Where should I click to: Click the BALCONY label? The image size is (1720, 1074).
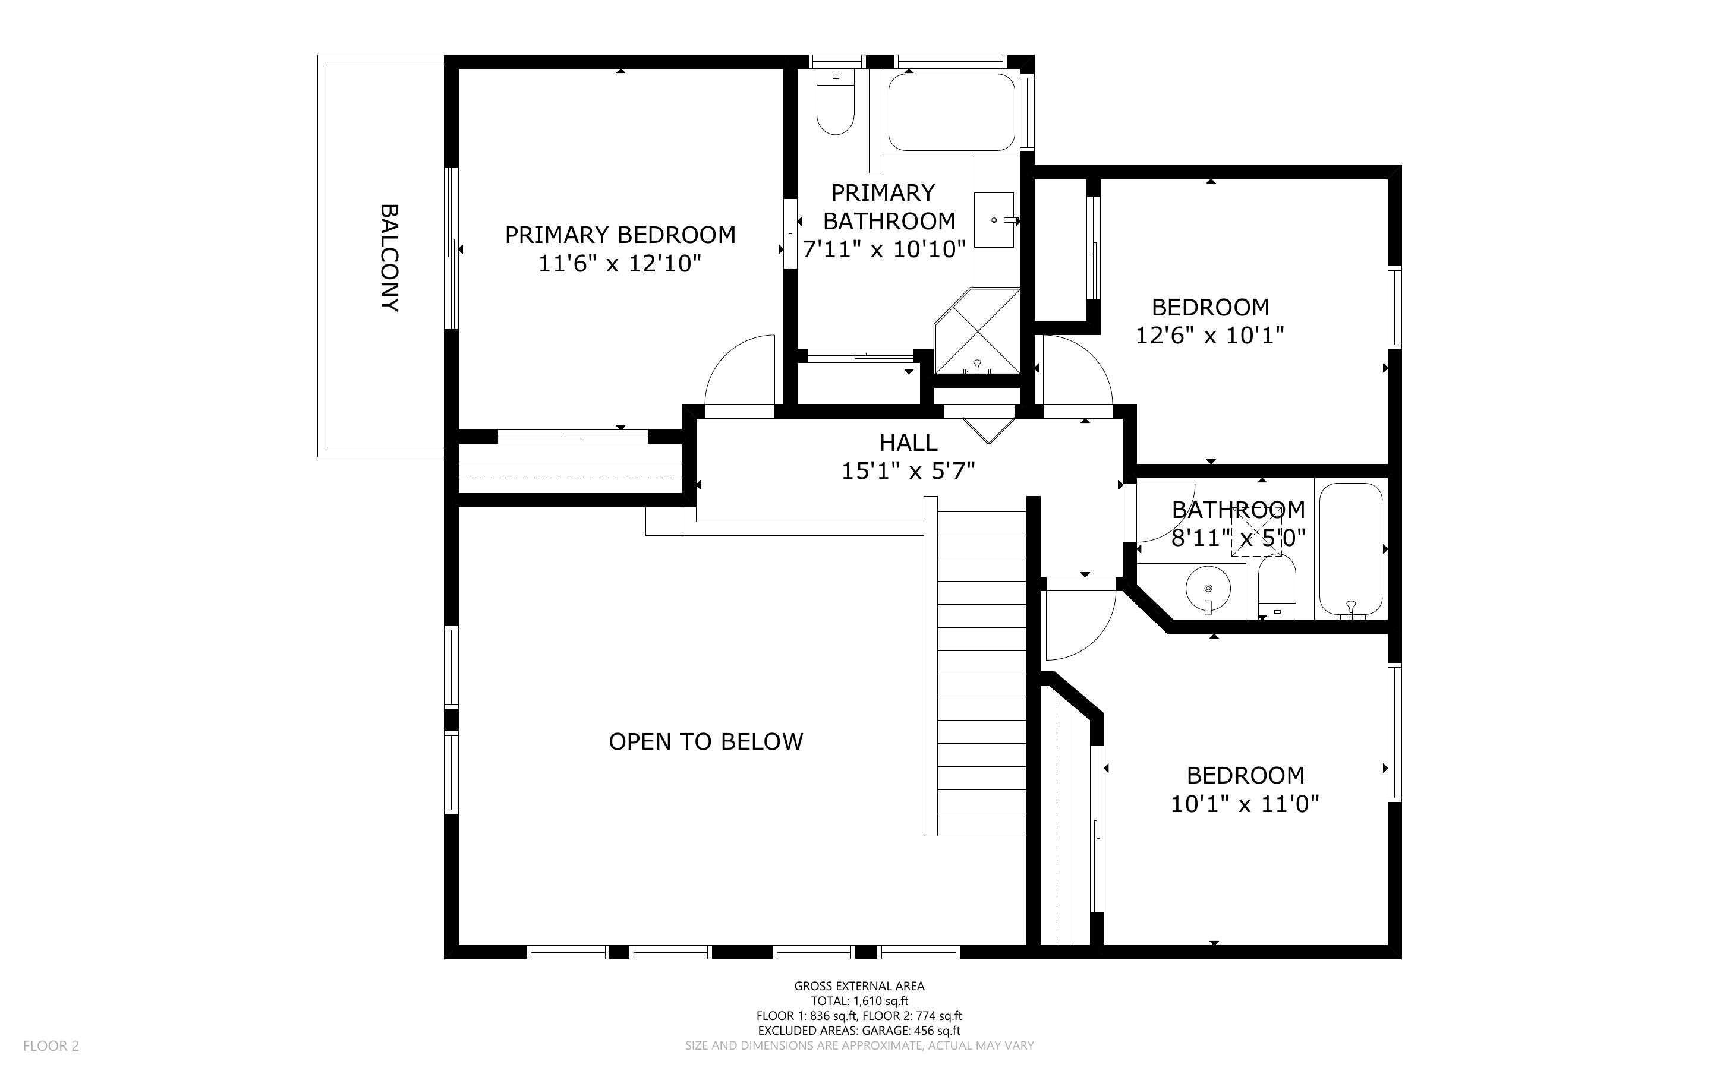[389, 258]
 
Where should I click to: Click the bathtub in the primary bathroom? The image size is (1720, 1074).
[950, 112]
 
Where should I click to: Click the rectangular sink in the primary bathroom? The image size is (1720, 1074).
[993, 220]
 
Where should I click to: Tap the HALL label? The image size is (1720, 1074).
[908, 443]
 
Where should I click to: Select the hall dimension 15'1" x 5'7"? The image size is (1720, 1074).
[908, 471]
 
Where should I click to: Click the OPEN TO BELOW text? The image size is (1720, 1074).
[705, 741]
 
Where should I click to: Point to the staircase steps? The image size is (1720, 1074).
[982, 675]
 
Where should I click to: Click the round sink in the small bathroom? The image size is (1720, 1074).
[1208, 588]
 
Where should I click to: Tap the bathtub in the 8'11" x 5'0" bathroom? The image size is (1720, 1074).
[1350, 548]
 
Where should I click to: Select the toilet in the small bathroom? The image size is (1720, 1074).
[1277, 586]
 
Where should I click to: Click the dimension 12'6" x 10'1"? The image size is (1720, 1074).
[1210, 335]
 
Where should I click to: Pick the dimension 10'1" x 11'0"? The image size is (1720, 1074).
[1245, 804]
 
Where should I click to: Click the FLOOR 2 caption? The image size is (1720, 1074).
[51, 1045]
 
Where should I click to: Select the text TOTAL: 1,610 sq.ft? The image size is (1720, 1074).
[859, 1001]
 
